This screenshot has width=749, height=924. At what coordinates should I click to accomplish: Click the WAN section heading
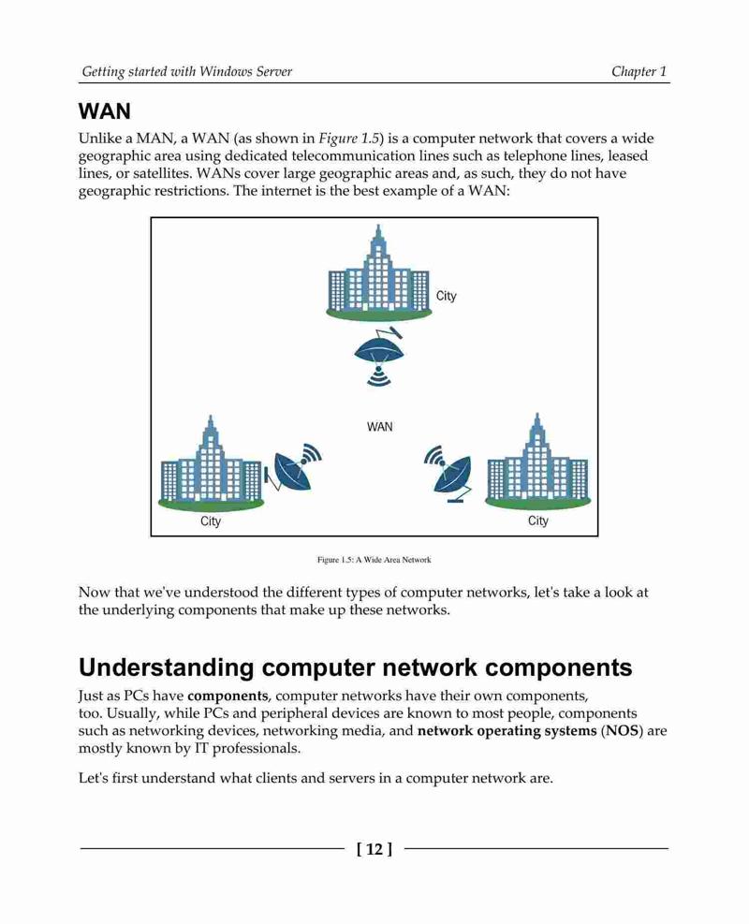coord(104,111)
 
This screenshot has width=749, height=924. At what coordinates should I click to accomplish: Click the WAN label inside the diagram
coord(379,427)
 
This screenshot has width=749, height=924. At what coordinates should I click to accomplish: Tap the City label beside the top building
coord(446,296)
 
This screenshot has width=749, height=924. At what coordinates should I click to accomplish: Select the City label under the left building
coord(211,521)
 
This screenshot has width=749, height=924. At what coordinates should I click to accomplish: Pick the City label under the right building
coord(538,521)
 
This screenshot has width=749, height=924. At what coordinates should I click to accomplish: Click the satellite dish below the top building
coord(379,359)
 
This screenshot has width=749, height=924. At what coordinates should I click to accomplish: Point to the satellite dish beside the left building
coord(293,468)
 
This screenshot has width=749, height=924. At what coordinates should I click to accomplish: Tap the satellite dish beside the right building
coord(449,474)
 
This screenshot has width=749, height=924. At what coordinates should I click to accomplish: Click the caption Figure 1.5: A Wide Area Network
coord(374,560)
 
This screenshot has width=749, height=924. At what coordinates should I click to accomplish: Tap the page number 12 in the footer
coord(374,849)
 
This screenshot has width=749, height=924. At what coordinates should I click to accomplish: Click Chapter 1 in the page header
coord(639,72)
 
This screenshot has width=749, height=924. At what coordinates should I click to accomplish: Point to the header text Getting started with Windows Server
coord(187,72)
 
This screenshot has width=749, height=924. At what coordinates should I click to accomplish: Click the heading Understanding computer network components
coord(356,667)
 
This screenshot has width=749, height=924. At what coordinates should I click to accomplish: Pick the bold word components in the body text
coord(228,697)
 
